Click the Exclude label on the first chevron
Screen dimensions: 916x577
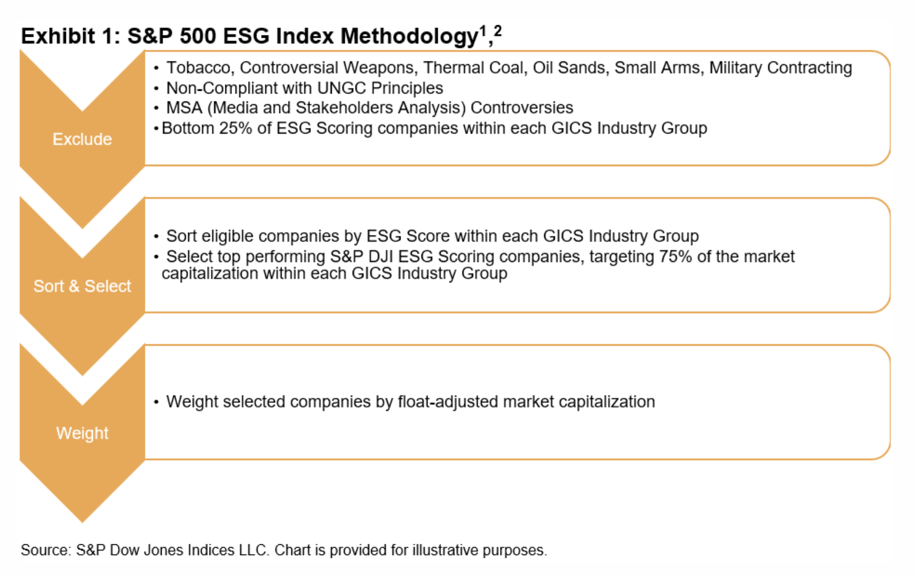[x=82, y=139]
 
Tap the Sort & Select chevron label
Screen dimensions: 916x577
[x=82, y=286]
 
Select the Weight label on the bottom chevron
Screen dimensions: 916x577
[x=82, y=433]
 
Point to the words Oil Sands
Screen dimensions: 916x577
[x=569, y=68]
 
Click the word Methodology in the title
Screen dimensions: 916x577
[x=410, y=37]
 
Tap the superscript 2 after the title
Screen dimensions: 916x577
[x=497, y=30]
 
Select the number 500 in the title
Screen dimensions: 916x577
[x=198, y=36]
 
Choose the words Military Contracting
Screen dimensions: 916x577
[x=781, y=68]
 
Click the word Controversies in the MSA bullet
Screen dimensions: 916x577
[x=522, y=108]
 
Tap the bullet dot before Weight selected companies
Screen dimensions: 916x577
[x=156, y=402]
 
